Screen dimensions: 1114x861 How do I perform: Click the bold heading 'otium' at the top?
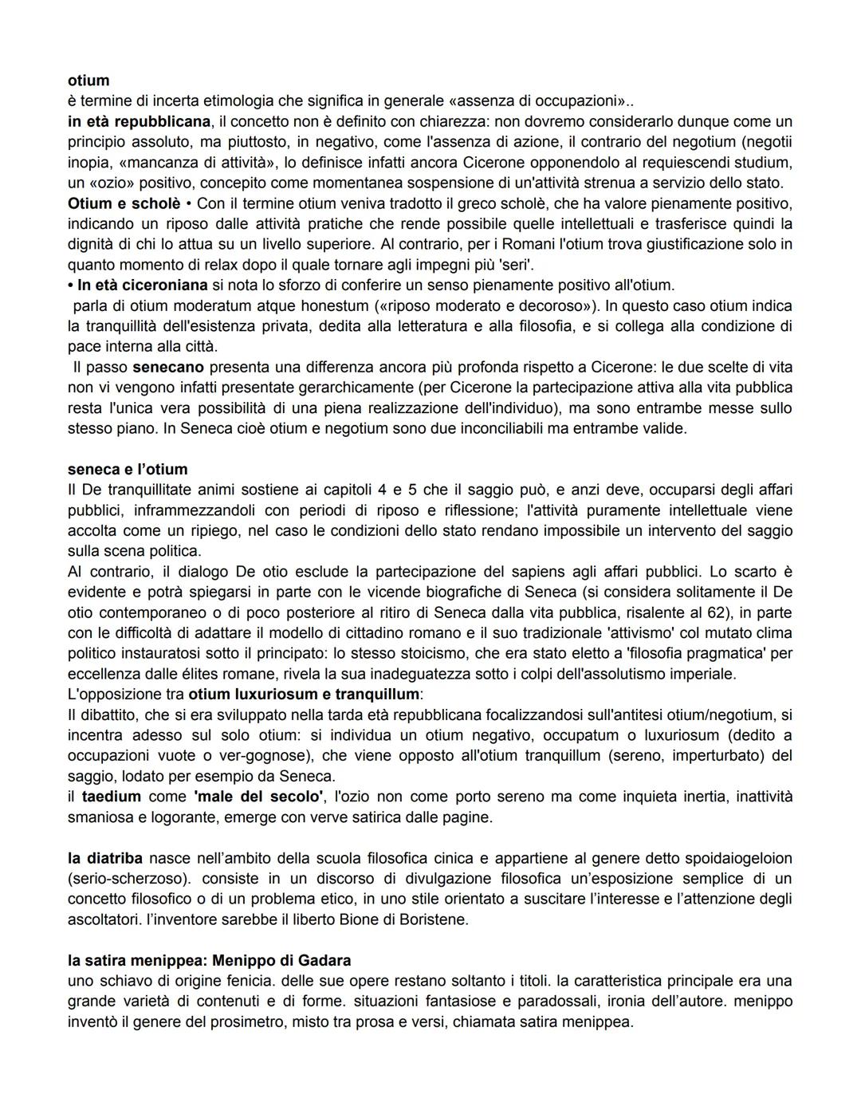click(x=88, y=81)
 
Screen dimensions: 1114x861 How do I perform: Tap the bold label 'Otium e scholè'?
click(x=124, y=203)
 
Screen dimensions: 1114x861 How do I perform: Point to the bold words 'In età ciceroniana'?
click(x=142, y=285)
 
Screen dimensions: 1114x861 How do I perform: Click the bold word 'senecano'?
click(x=167, y=367)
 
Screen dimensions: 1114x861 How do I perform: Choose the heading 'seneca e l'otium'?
click(x=128, y=469)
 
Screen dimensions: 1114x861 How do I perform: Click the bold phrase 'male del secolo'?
click(x=258, y=796)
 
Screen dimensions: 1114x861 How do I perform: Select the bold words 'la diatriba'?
click(x=104, y=858)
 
